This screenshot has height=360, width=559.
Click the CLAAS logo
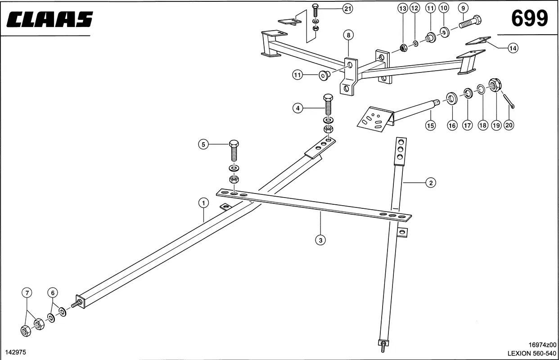coord(50,19)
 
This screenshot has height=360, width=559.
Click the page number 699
coord(529,19)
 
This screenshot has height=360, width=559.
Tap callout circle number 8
coord(348,35)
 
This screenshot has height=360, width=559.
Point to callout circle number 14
coord(513,48)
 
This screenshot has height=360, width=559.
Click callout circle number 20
coord(509,126)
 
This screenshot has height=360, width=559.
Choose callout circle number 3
coord(320,240)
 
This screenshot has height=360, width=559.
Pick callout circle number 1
coord(203,202)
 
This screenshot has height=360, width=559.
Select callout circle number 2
coord(431,183)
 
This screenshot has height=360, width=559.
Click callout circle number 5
coord(203,144)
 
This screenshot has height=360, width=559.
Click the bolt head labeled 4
coord(329,98)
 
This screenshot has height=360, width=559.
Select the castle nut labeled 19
coord(495,85)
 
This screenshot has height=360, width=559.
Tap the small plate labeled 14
coord(478,40)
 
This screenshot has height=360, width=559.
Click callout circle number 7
coord(27,292)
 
